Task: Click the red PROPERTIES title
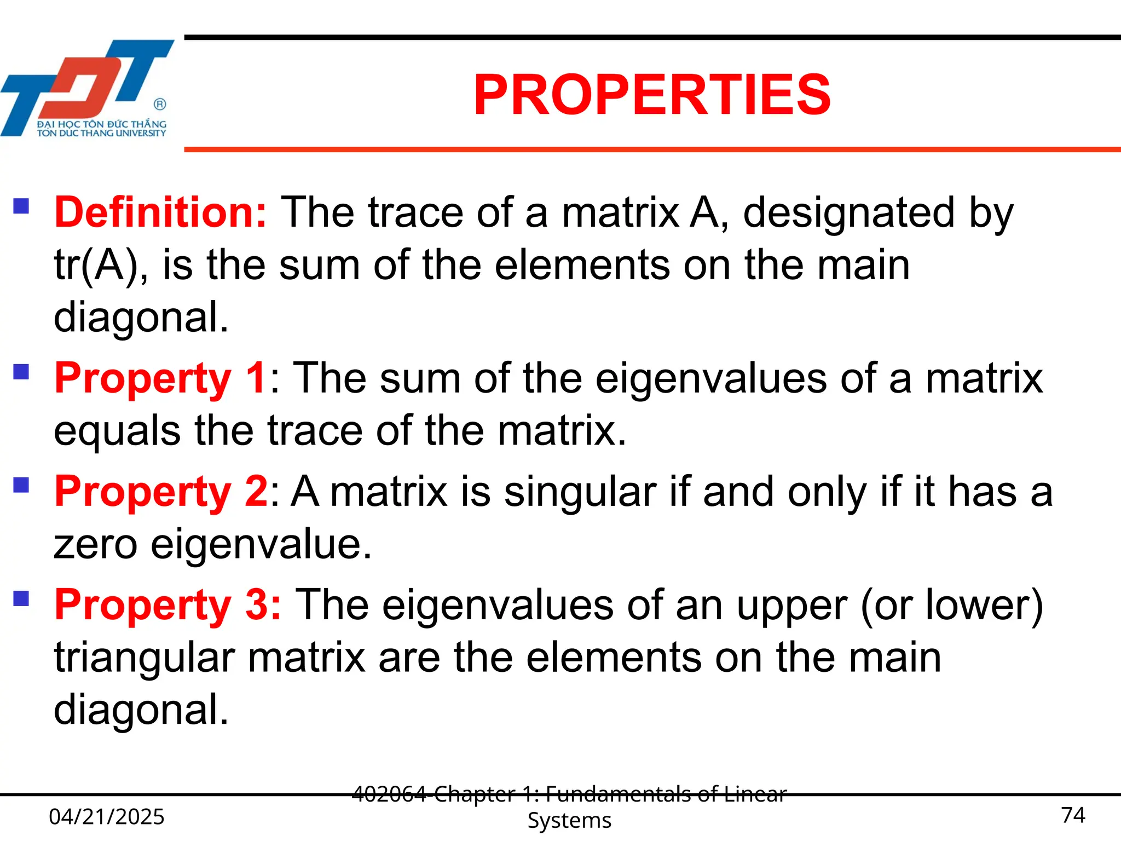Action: tap(652, 95)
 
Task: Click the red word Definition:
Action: tap(160, 212)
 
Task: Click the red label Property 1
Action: tap(160, 378)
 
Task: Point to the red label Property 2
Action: tap(160, 492)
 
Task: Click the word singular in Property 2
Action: tap(580, 492)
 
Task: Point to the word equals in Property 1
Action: tap(117, 431)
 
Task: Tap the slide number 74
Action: tap(1073, 815)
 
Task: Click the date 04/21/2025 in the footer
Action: tap(107, 817)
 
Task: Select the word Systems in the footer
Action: tap(569, 821)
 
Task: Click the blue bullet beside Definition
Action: tap(21, 206)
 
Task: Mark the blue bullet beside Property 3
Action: tap(21, 598)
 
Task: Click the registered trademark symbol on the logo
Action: tap(160, 104)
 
